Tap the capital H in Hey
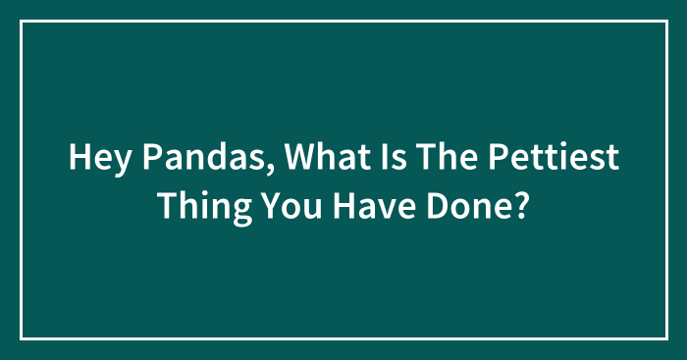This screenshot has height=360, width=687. click(79, 159)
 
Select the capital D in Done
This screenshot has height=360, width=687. click(432, 205)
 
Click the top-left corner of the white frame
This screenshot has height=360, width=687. click(22, 21)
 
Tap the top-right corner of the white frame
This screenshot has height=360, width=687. click(665, 21)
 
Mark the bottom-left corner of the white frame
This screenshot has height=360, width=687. click(22, 338)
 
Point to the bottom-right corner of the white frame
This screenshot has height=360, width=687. click(665, 338)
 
